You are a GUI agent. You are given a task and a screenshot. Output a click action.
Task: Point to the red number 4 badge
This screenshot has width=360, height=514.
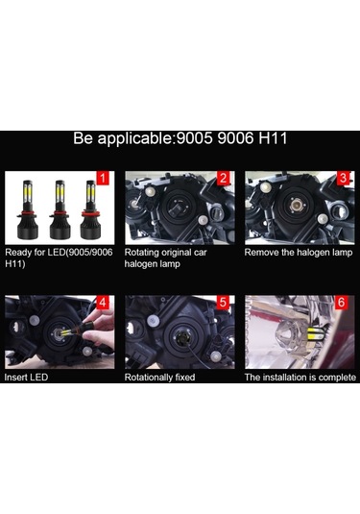click(x=104, y=303)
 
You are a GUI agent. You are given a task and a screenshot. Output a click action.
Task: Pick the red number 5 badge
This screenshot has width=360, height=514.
click(x=224, y=303)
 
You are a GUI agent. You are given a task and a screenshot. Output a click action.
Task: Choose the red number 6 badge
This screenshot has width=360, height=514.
click(x=344, y=303)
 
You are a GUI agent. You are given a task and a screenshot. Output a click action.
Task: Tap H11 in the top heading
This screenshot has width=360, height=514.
click(x=272, y=139)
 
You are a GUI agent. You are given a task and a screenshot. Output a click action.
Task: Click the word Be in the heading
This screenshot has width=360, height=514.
click(x=84, y=139)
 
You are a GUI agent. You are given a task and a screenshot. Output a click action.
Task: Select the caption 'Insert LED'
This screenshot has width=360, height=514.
click(x=27, y=378)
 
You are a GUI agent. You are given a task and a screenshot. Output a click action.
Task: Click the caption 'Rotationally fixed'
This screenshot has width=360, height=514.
click(x=160, y=378)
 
